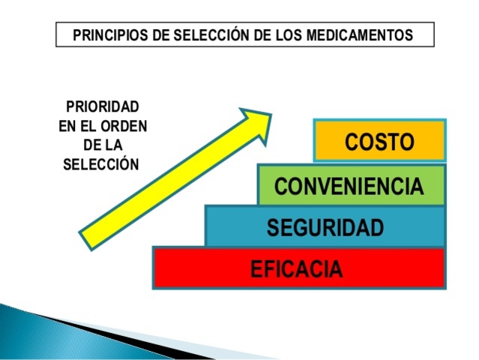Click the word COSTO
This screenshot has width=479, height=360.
pos(379,142)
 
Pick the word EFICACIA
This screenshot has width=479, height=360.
pos(297,268)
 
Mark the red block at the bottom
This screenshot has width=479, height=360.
pos(195,268)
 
